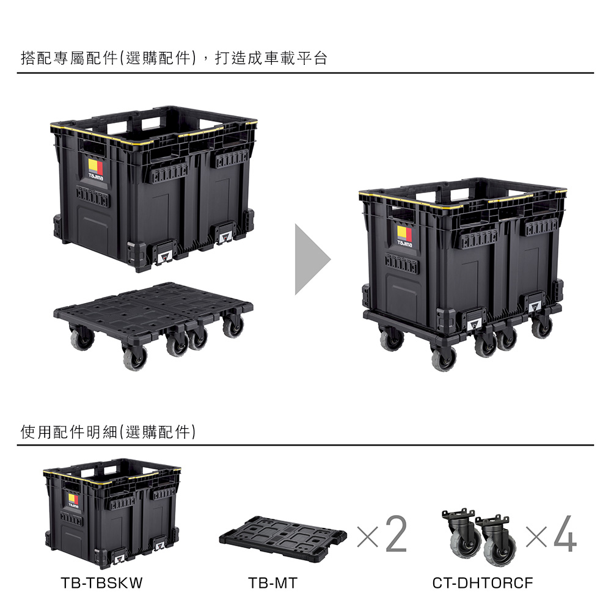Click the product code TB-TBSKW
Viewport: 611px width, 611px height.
tap(101, 583)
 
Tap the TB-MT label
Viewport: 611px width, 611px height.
tap(273, 583)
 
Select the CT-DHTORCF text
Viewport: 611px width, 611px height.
tap(483, 583)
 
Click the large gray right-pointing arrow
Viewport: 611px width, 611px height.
tap(312, 259)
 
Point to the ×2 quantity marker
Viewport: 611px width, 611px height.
tap(382, 534)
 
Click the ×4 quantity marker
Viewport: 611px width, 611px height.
tap(551, 534)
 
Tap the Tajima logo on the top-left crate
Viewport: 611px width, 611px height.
tap(96, 169)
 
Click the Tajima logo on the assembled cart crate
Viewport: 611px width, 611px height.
tap(404, 236)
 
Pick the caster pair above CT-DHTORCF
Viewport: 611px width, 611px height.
tap(479, 537)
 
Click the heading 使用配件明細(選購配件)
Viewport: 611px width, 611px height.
tap(108, 432)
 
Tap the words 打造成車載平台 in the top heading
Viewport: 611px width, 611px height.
tap(271, 59)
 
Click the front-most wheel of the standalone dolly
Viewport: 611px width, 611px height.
tap(135, 357)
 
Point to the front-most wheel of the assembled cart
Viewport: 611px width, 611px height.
tap(444, 359)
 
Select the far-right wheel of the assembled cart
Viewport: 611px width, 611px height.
tap(542, 326)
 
